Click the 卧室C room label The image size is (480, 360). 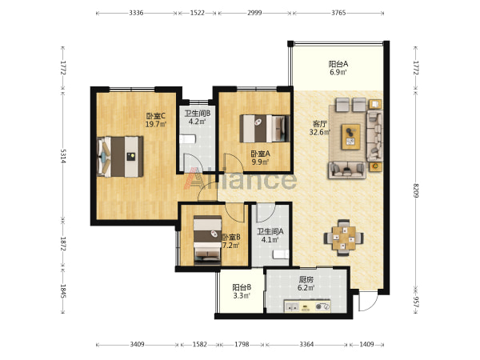click(x=155, y=116)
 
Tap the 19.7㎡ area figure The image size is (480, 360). click(x=156, y=124)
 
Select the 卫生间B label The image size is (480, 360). click(x=197, y=114)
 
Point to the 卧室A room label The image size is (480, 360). click(x=260, y=154)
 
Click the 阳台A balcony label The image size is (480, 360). click(x=338, y=64)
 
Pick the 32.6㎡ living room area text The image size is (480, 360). click(x=320, y=132)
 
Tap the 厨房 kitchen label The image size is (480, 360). click(x=306, y=279)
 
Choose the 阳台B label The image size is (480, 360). click(x=242, y=287)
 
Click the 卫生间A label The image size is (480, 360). click(x=270, y=232)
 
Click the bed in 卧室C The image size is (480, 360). click(x=120, y=157)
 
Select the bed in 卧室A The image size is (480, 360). click(x=265, y=129)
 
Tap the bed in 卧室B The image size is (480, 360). click(x=207, y=240)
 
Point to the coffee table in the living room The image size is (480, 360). click(x=351, y=137)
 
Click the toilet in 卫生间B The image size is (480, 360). click(x=187, y=139)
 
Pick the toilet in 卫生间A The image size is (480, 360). click(x=281, y=254)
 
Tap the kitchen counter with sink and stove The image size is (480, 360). click(x=307, y=306)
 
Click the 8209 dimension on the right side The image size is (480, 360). click(x=415, y=190)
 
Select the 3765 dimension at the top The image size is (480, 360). click(x=338, y=13)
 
